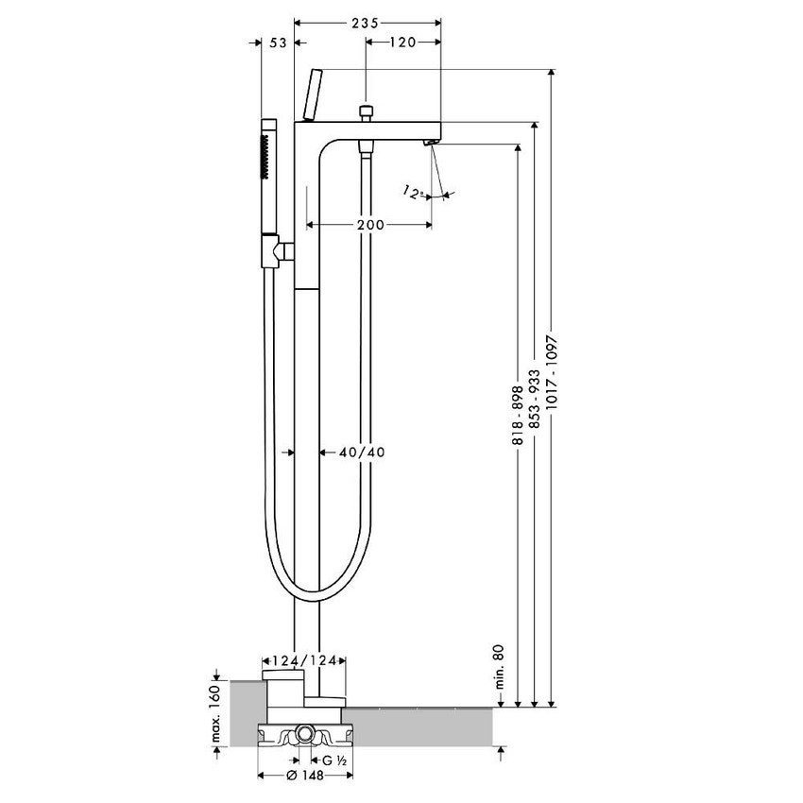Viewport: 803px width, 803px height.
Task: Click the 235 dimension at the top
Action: click(x=367, y=22)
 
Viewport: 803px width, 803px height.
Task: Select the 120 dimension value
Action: click(x=403, y=42)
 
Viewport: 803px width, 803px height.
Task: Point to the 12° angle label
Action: click(x=413, y=193)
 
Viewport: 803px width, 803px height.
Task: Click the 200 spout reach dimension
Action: click(x=371, y=224)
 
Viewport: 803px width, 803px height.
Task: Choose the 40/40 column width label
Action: click(x=362, y=452)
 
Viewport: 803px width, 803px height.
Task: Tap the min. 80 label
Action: click(x=498, y=666)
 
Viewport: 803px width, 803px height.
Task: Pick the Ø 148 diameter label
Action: click(x=305, y=776)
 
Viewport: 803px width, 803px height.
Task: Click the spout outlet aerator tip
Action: click(x=430, y=142)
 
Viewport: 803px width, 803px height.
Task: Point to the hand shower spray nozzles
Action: click(x=267, y=156)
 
